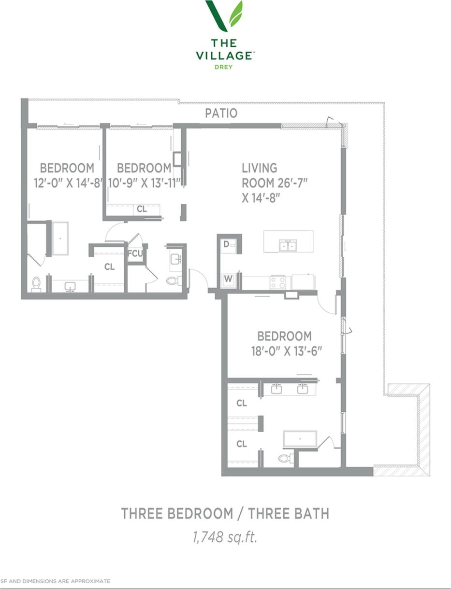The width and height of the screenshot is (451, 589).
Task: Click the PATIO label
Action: [x=221, y=113]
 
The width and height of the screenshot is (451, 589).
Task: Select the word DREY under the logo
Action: [x=224, y=67]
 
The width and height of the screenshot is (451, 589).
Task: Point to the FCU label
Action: [x=135, y=253]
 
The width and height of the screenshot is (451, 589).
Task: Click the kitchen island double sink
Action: [x=288, y=246]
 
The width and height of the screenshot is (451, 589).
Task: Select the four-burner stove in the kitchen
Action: [x=278, y=282]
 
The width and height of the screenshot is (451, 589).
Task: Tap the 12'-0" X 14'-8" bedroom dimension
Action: [x=68, y=183]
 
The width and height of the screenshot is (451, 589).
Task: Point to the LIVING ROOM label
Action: [x=275, y=182]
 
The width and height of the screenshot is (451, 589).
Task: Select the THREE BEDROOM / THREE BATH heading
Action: [x=225, y=513]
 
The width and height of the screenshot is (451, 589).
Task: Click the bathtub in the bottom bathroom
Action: [x=300, y=439]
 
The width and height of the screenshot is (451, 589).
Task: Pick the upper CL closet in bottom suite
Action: [x=242, y=403]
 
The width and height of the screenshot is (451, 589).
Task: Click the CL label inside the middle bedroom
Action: [x=141, y=210]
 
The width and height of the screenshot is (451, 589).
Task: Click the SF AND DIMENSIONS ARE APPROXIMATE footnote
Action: [x=56, y=581]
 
